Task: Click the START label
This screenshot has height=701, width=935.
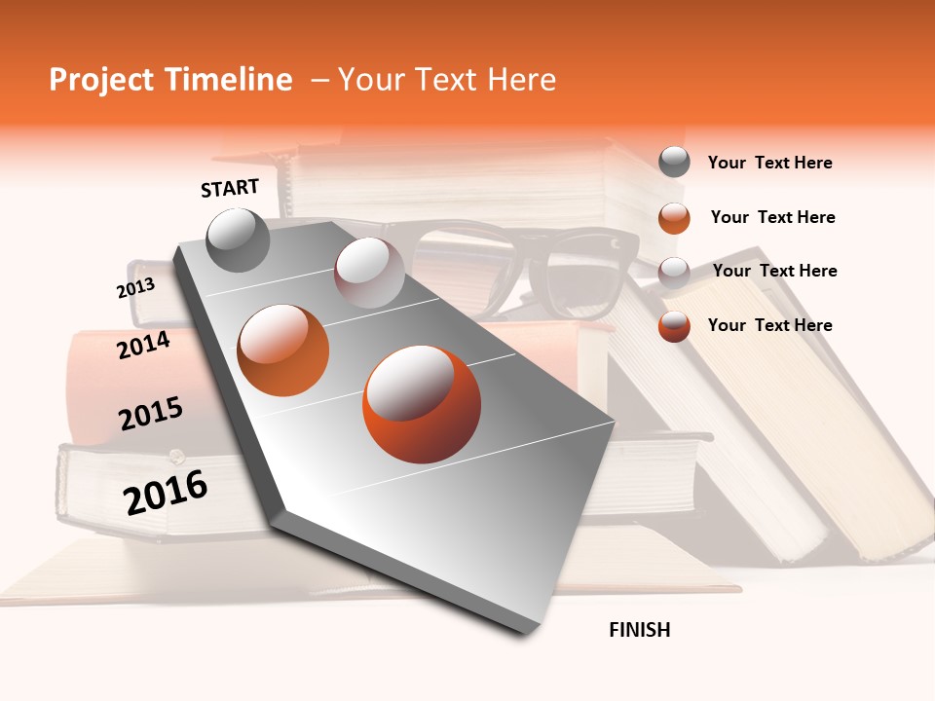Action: pyautogui.click(x=230, y=188)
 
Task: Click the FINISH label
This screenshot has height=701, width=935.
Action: pyautogui.click(x=639, y=630)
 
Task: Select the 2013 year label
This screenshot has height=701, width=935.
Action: pyautogui.click(x=135, y=288)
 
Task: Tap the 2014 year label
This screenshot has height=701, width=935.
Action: pyautogui.click(x=143, y=345)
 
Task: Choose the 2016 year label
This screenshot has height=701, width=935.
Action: pyautogui.click(x=166, y=492)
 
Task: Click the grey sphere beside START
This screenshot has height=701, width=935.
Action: pyautogui.click(x=238, y=240)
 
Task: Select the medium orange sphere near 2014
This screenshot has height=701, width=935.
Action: pyautogui.click(x=283, y=350)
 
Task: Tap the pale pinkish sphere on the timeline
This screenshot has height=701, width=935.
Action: pyautogui.click(x=369, y=273)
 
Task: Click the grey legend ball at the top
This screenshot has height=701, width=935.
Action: pyautogui.click(x=674, y=162)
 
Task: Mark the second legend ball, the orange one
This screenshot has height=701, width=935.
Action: pyautogui.click(x=674, y=217)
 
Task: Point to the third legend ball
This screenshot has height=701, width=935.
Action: pyautogui.click(x=674, y=272)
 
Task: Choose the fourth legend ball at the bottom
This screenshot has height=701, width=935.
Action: pyautogui.click(x=674, y=326)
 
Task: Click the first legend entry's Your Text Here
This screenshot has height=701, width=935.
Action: pyautogui.click(x=769, y=163)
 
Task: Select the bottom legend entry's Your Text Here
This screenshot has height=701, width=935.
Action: pyautogui.click(x=769, y=325)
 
